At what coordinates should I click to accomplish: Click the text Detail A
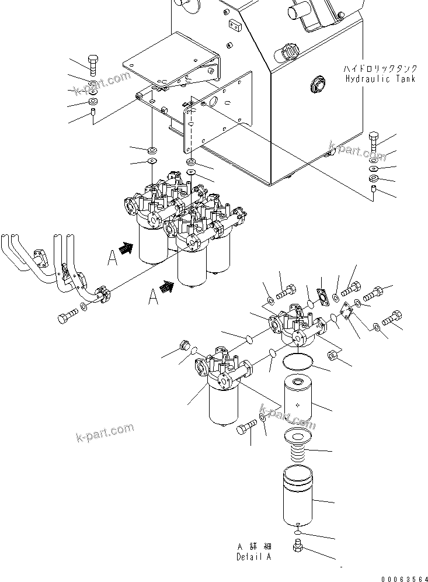pyautogui.click(x=253, y=556)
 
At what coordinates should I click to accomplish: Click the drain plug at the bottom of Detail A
pyautogui.click(x=298, y=546)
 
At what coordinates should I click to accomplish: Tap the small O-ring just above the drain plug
pyautogui.click(x=298, y=533)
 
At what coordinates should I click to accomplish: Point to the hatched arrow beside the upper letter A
pyautogui.click(x=126, y=249)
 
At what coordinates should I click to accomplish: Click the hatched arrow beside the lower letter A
pyautogui.click(x=168, y=286)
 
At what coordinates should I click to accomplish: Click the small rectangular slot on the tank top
pyautogui.click(x=236, y=25)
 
